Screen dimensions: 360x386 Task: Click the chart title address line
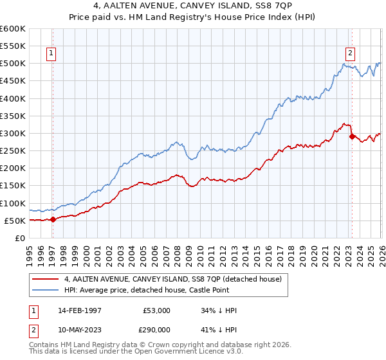192,7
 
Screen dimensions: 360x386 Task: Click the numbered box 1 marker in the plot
51,54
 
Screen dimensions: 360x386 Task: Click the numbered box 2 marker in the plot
351,54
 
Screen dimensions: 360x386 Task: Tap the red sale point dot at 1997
53,219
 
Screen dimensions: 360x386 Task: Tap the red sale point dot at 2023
352,136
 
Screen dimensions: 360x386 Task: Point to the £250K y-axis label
13,151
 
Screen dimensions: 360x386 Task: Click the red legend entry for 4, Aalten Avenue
172,279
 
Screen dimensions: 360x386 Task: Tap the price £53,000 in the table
156,310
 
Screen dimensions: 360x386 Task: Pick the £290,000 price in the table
156,330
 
